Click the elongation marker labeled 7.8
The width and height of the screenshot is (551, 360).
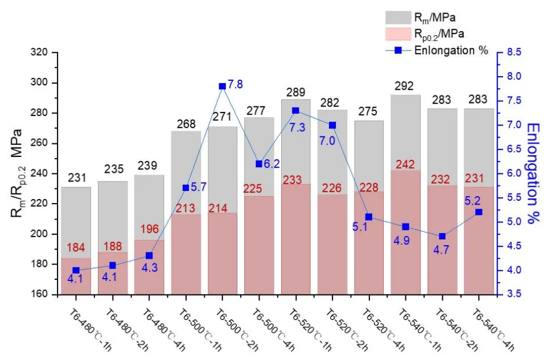pyautogui.click(x=223, y=86)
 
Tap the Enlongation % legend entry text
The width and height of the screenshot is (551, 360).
pyautogui.click(x=451, y=50)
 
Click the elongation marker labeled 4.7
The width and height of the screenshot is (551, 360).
pyautogui.click(x=443, y=237)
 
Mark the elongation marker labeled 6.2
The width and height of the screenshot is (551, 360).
pyautogui.click(x=260, y=164)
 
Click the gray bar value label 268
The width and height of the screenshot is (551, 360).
pyautogui.click(x=186, y=123)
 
